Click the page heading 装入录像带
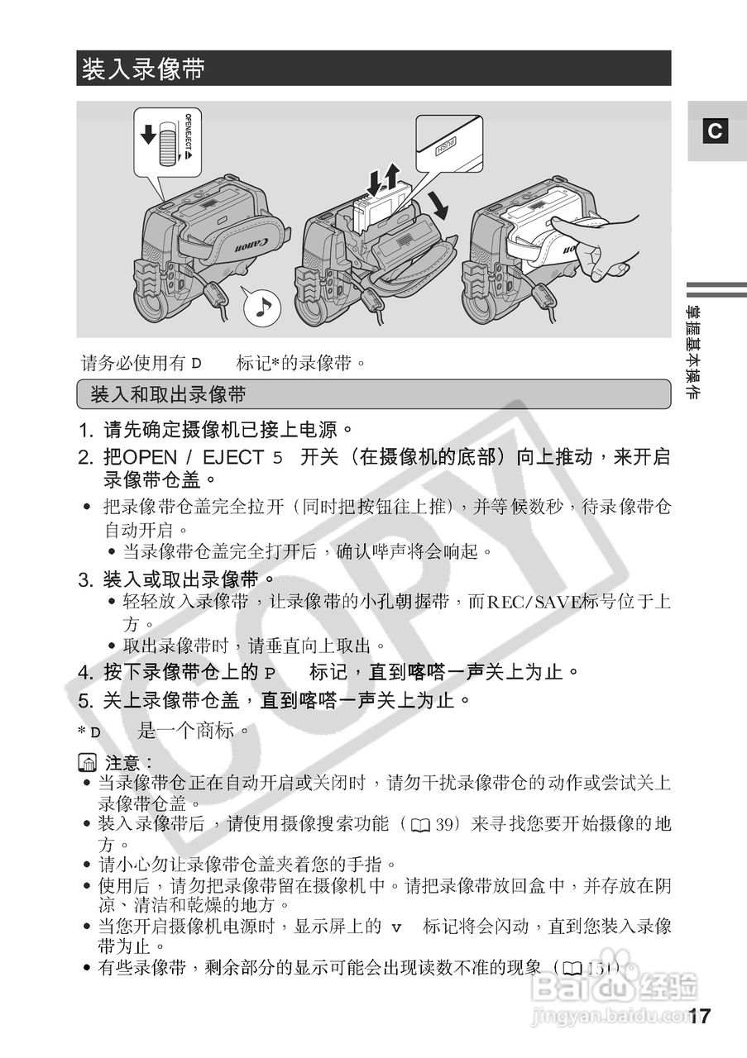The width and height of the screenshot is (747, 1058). point(143,69)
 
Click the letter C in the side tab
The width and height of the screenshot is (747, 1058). point(716,131)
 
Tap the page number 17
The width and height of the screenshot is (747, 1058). point(699,1017)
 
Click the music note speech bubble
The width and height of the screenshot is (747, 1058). point(262,307)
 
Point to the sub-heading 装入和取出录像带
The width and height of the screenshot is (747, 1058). point(168,394)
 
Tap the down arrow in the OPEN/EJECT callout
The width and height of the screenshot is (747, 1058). point(148,134)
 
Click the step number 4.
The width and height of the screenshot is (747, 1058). point(84,671)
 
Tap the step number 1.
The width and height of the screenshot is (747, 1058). point(84,430)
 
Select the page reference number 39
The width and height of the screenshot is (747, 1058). point(453,824)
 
